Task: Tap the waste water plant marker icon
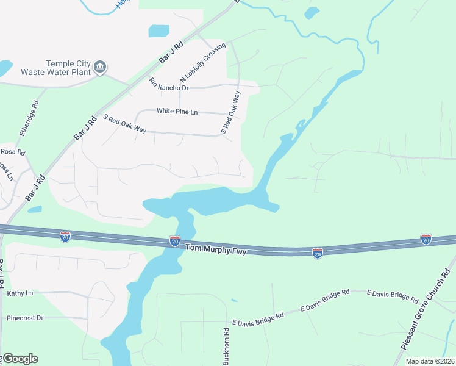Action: (101, 66)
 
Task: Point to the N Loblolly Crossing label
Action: (203, 63)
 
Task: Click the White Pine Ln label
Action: (177, 112)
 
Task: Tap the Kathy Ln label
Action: (20, 293)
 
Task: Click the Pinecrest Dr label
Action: (25, 318)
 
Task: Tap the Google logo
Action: (20, 359)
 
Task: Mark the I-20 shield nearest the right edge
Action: (426, 239)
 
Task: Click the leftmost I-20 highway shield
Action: (65, 235)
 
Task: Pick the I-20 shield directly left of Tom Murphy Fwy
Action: (175, 242)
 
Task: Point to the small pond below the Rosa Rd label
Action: (35, 209)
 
